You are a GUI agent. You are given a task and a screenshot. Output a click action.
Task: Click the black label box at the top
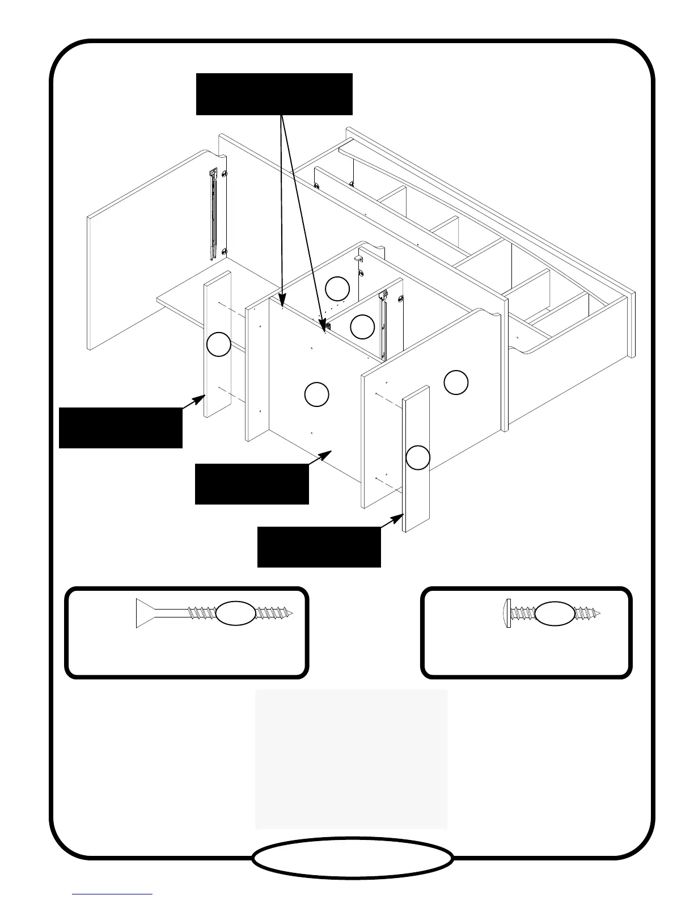point(274,94)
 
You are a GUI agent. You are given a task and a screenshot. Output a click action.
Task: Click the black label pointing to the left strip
point(120,427)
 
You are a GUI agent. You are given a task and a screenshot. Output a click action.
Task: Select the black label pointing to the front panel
point(251,484)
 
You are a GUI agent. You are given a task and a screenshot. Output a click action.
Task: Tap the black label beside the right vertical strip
point(319,547)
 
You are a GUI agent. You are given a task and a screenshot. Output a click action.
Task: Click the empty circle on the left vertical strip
point(218,345)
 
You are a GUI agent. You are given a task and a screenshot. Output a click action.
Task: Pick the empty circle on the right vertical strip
point(418,457)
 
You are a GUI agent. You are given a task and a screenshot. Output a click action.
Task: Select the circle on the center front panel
point(316,394)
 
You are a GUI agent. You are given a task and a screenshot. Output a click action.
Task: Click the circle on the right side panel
point(456,383)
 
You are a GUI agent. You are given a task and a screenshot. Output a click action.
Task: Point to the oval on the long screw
point(236,613)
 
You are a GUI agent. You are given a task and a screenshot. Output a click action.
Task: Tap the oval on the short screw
point(555,613)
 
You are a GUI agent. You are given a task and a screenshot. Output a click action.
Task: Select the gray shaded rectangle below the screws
point(351,759)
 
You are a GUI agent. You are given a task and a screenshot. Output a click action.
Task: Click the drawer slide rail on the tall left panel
point(213,213)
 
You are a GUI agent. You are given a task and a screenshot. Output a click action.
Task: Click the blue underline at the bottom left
point(112,894)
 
